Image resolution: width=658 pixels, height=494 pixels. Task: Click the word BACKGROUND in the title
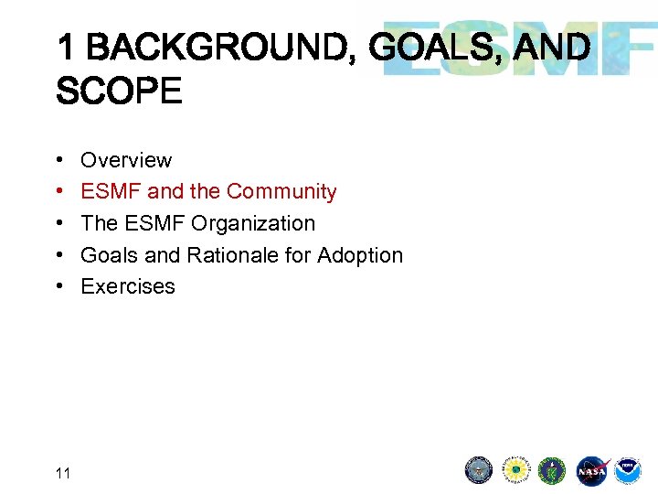point(219,47)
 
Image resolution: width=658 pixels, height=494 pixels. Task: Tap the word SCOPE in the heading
point(119,91)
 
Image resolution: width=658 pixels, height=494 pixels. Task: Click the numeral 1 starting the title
point(65,47)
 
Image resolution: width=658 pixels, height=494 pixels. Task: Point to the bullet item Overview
point(126,160)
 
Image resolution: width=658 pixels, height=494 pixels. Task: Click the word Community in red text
point(281,191)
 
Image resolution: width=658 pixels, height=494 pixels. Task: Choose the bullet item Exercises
point(128,286)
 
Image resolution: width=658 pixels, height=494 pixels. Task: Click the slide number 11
point(63,473)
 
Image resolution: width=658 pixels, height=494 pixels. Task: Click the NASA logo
point(590,470)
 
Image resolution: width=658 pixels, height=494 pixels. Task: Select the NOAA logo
point(627,470)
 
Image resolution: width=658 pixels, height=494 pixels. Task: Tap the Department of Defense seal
point(478,470)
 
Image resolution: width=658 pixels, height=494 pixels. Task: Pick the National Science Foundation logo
point(515,470)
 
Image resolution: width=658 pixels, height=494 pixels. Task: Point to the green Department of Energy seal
point(552,470)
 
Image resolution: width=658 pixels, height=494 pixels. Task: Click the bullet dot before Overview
point(58,160)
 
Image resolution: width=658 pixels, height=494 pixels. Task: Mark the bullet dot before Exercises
point(58,286)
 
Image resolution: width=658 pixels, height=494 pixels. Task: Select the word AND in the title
point(553,47)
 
